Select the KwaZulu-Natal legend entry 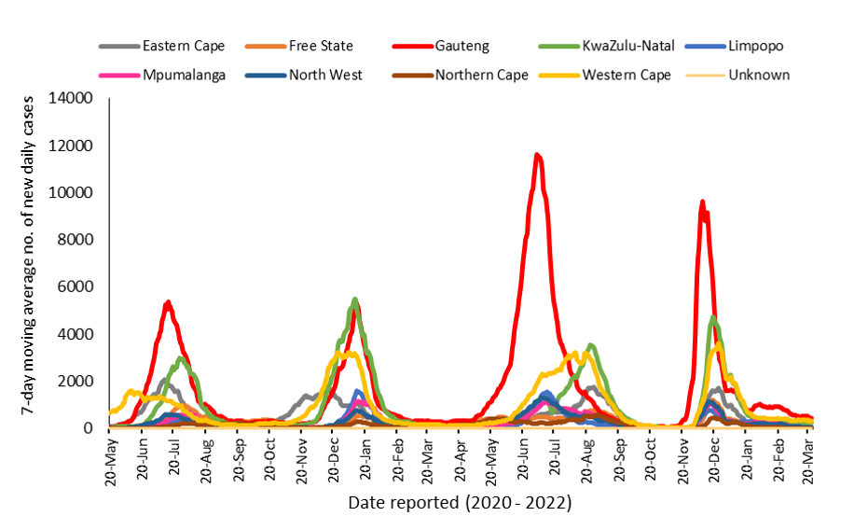(621, 46)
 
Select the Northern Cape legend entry (481, 75)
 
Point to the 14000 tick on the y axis (75, 99)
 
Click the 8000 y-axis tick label (78, 240)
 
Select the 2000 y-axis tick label (78, 381)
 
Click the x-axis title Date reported (459, 502)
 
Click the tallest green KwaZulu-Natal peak (354, 300)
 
